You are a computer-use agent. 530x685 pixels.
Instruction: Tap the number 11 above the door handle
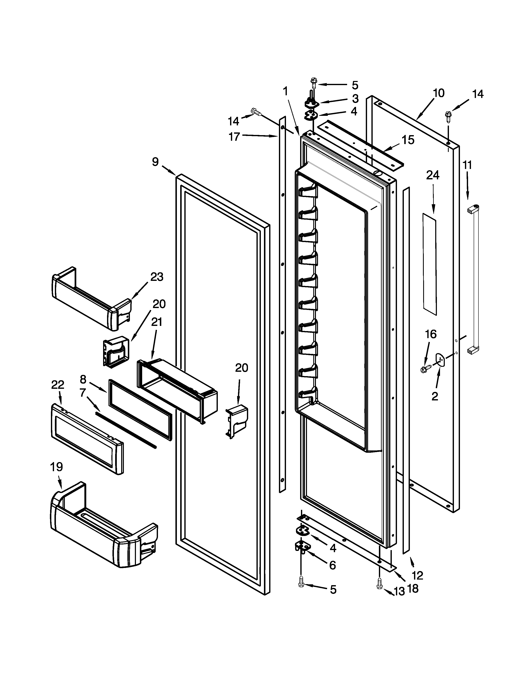click(467, 165)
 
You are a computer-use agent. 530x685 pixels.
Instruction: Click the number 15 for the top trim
click(408, 140)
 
